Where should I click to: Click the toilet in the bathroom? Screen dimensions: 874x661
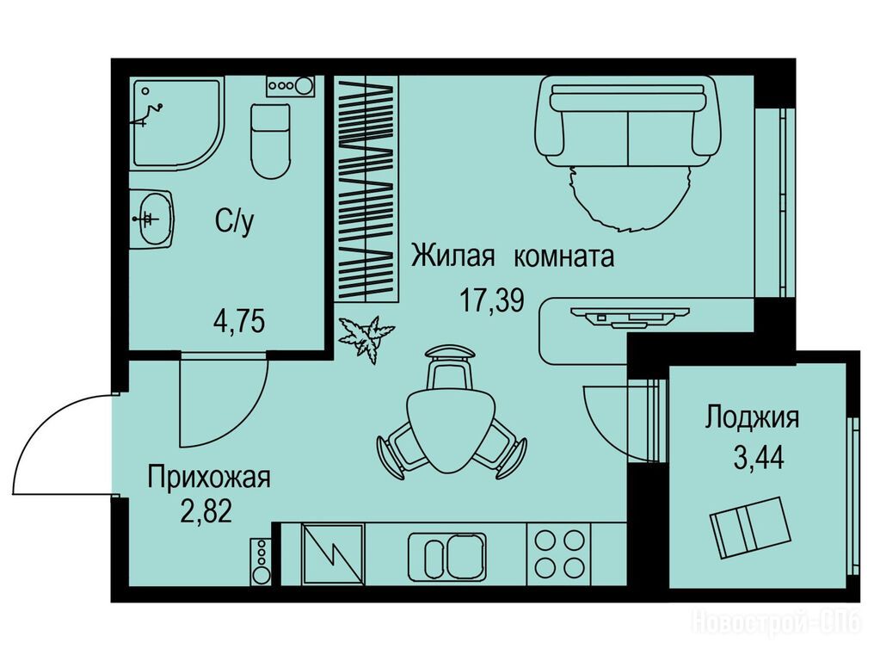pos(271,140)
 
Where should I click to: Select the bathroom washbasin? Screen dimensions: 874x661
pos(153,219)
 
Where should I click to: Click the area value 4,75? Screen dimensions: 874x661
pos(239,321)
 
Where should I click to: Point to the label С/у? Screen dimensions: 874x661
pos(235,222)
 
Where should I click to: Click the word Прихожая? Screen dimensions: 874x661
pos(209,479)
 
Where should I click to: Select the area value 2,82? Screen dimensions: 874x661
pos(206,511)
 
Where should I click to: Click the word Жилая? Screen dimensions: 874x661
pos(453,256)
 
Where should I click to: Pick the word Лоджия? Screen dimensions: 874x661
pos(753,417)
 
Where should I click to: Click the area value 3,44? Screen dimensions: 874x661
pos(759,459)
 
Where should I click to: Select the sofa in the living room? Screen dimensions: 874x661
pos(628,121)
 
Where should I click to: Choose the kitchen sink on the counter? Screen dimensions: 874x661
pos(447,556)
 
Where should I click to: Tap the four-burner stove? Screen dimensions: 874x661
pos(559,554)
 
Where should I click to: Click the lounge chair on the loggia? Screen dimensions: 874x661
pos(750,527)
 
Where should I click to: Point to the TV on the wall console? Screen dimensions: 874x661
pos(630,316)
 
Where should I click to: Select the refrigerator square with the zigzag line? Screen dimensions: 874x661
pos(333,554)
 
